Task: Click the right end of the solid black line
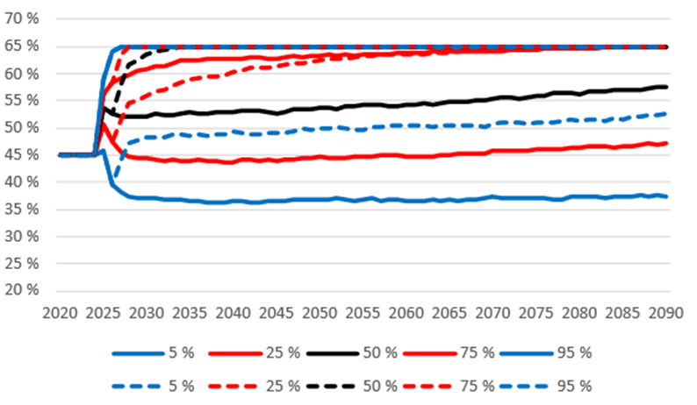[x=666, y=87]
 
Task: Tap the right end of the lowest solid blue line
[x=666, y=196]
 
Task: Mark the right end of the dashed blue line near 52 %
[x=666, y=113]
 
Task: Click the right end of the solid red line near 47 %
[x=666, y=143]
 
